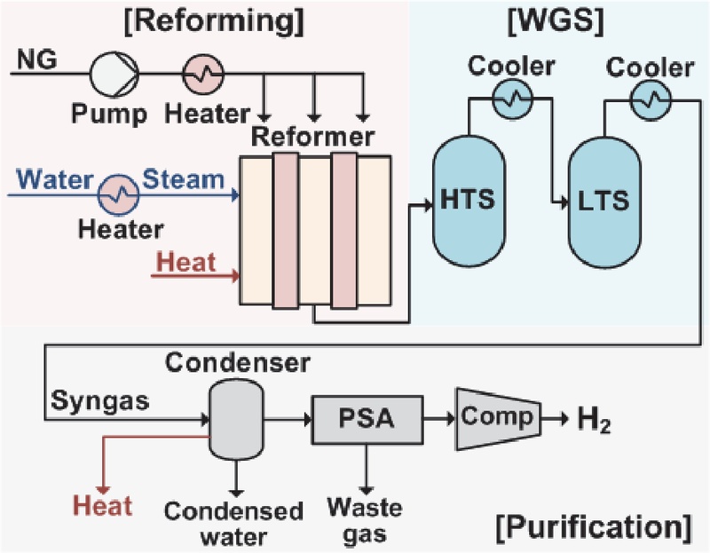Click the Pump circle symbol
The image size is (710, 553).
[x=114, y=74]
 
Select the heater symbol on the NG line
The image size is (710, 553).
[x=203, y=74]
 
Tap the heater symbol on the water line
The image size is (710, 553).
[x=119, y=195]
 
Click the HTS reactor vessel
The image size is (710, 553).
[x=469, y=201]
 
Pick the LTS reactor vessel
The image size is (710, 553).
[x=604, y=202]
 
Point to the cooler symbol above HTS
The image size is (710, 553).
[x=513, y=99]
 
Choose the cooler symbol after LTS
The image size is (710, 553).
[x=651, y=100]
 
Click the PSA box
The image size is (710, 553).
[x=367, y=419]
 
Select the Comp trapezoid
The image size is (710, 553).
[x=498, y=419]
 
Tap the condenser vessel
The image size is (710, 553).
[x=236, y=420]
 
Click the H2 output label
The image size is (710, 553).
[x=594, y=421]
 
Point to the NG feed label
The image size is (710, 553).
[x=36, y=59]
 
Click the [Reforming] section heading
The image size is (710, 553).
[x=214, y=21]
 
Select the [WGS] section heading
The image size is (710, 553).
[x=556, y=21]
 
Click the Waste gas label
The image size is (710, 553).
[x=365, y=520]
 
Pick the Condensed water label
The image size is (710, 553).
[x=233, y=524]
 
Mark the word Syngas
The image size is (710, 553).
[x=100, y=401]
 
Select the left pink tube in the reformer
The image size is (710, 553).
[x=286, y=231]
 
